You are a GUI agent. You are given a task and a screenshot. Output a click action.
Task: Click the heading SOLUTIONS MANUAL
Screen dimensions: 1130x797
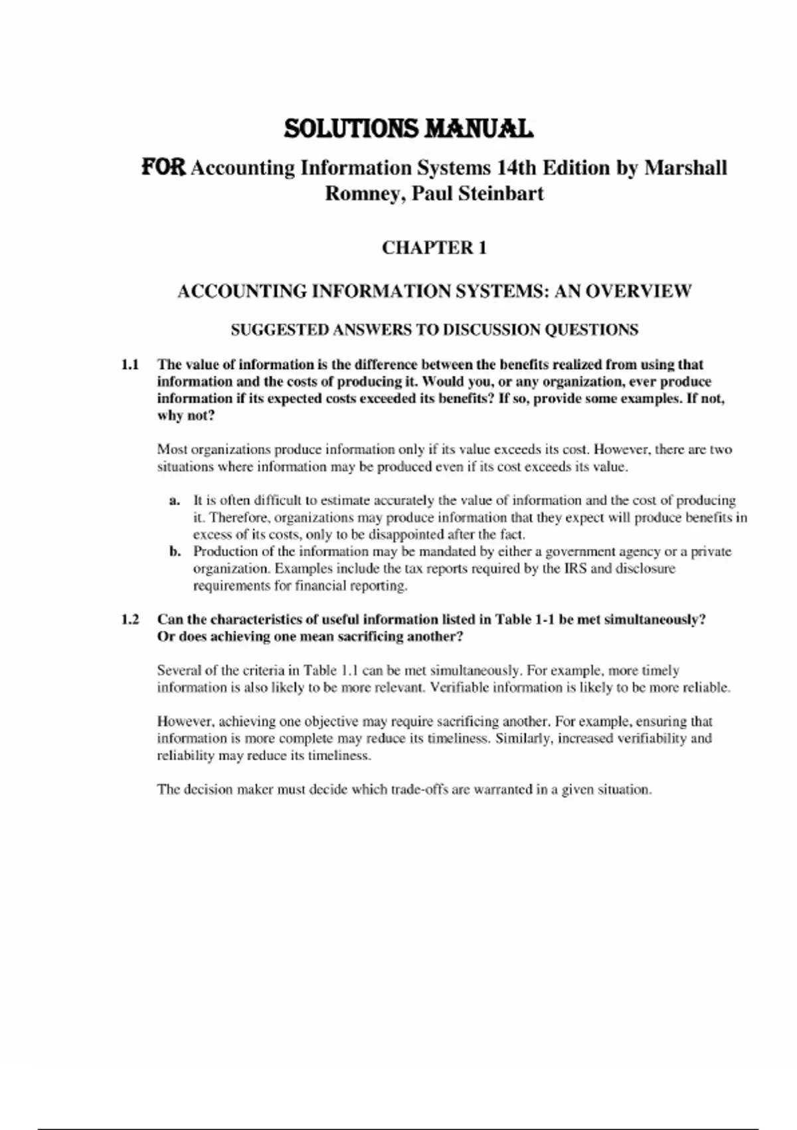(x=408, y=128)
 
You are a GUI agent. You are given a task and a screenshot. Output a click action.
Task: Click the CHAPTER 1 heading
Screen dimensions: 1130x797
(x=434, y=248)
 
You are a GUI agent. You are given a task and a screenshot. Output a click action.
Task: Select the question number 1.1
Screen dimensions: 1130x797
(x=130, y=364)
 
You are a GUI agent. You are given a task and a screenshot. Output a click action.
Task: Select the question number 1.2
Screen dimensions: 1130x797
(x=130, y=620)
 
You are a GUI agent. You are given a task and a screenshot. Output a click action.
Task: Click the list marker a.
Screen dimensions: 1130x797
(x=175, y=501)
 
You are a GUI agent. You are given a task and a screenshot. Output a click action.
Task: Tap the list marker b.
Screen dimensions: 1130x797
(x=175, y=552)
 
